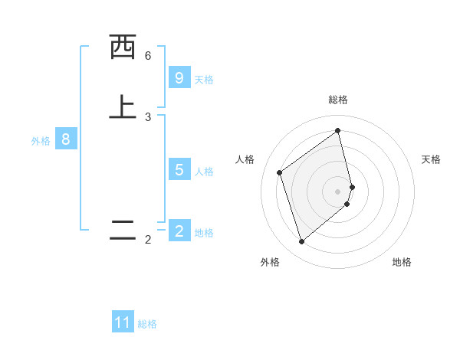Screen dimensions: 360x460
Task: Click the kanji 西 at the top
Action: point(123,48)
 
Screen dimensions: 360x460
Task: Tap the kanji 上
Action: point(123,108)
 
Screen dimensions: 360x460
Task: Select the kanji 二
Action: point(123,231)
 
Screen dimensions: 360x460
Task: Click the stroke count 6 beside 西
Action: point(148,56)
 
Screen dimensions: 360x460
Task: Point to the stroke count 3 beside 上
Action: point(148,117)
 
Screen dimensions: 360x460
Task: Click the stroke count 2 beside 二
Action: point(148,240)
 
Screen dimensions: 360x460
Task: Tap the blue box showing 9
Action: point(179,77)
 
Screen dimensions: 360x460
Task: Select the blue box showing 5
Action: point(179,169)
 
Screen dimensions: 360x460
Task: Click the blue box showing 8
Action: point(66,139)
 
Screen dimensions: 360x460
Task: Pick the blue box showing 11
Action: point(123,322)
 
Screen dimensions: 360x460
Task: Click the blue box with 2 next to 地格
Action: point(179,231)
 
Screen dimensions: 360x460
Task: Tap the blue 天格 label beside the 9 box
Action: point(204,79)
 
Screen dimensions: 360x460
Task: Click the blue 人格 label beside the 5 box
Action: point(204,171)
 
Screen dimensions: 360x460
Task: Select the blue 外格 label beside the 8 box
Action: point(41,141)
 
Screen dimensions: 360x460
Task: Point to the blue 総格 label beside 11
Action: point(147,324)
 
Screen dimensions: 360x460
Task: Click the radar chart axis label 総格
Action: point(338,100)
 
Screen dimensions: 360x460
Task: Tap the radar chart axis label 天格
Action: point(432,159)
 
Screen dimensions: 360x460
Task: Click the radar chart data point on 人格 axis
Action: point(280,172)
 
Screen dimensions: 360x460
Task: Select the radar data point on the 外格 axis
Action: point(301,242)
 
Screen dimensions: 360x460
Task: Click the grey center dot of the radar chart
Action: point(338,191)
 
